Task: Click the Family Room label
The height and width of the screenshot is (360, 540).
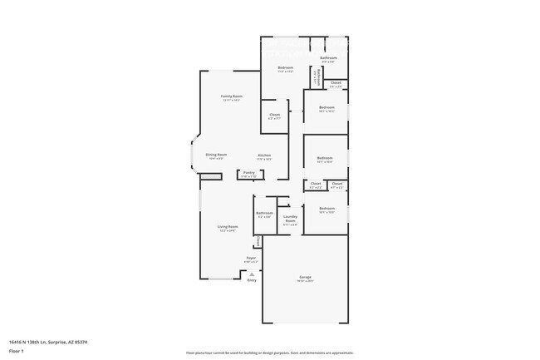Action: [x=231, y=96]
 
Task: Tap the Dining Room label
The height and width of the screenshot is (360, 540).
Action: [x=216, y=155]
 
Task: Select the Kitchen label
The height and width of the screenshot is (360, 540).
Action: [x=264, y=155]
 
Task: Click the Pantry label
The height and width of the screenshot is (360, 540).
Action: [x=249, y=173]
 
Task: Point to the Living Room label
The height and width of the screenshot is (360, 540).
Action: [x=228, y=227]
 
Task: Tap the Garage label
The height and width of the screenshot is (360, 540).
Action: [x=306, y=277]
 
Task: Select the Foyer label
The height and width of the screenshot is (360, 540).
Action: [x=250, y=258]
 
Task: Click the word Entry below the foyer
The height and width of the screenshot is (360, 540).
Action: [x=252, y=280]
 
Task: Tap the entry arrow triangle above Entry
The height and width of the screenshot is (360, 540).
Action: [x=252, y=274]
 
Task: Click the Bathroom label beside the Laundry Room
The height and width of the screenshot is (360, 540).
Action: [x=264, y=213]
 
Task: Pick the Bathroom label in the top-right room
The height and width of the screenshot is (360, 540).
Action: [x=328, y=58]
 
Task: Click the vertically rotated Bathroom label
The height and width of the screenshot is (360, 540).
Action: [x=316, y=76]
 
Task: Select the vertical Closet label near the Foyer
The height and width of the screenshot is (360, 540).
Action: [x=258, y=241]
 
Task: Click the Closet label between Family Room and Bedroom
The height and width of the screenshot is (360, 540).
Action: [x=274, y=115]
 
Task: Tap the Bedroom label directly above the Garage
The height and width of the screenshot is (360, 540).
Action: [x=326, y=209]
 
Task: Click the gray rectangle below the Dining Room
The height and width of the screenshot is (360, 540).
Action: [x=211, y=176]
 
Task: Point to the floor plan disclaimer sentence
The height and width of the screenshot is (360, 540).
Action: [x=270, y=353]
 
